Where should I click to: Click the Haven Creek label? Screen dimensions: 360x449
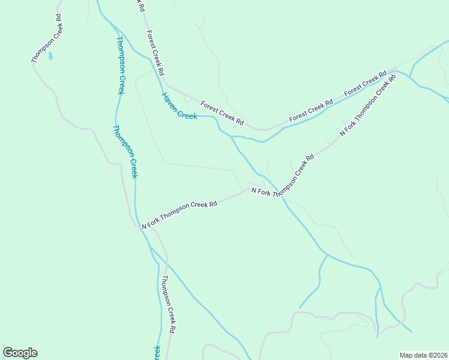179,106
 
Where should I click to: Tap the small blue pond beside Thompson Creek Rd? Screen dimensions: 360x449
50,56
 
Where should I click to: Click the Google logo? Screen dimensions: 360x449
20,353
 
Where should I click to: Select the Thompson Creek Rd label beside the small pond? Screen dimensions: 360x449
47,46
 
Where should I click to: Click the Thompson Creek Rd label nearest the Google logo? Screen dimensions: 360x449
168,304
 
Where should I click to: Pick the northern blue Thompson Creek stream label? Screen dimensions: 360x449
121,65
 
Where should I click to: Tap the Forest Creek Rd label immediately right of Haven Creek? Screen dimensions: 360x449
222,113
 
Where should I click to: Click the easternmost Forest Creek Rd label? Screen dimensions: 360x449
366,85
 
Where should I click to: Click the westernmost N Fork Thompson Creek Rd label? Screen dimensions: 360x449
179,215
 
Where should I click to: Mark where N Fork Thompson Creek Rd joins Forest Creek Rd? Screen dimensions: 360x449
396,71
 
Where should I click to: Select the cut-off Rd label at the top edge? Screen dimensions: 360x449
139,6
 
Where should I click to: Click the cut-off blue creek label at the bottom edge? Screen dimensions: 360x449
158,352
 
